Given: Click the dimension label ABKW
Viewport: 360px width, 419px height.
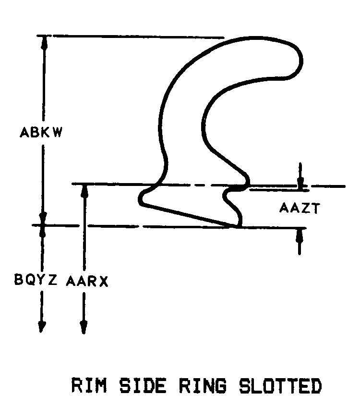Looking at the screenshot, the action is click(x=41, y=132).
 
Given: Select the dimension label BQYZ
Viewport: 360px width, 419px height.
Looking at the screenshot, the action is click(x=36, y=280).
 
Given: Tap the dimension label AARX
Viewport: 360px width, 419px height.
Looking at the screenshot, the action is click(x=87, y=281).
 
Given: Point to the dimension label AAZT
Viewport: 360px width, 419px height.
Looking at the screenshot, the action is click(x=300, y=208).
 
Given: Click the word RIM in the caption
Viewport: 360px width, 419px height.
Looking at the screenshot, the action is click(x=89, y=385).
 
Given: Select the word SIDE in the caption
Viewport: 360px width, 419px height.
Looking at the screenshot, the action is click(x=143, y=385).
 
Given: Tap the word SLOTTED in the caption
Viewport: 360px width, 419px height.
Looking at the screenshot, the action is click(x=280, y=386).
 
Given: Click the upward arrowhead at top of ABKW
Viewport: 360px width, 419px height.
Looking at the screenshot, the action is click(x=44, y=42).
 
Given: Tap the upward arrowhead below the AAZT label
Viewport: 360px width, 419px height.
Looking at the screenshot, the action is click(x=300, y=235).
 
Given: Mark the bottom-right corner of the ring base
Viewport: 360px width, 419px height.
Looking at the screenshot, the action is click(x=240, y=226).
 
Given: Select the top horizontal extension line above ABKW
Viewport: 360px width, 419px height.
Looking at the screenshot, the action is click(x=131, y=37).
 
